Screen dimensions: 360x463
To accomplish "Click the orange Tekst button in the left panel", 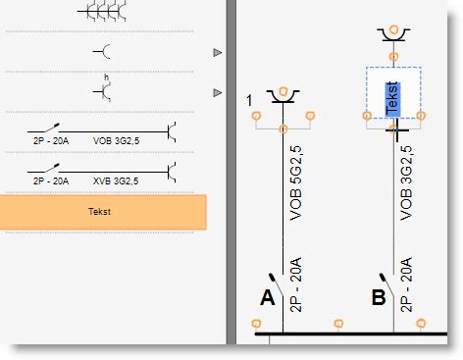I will [103, 212].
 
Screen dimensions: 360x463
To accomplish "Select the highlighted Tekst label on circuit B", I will [393, 99].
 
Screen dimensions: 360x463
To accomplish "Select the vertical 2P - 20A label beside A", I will [296, 283].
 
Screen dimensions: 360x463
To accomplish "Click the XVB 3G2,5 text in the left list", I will [116, 181].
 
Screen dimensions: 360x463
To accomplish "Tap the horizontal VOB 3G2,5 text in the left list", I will [116, 141].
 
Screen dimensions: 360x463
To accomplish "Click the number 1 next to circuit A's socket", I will [250, 100].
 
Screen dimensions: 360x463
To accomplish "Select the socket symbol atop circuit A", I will [283, 94].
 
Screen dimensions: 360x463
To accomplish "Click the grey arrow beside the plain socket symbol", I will [218, 52].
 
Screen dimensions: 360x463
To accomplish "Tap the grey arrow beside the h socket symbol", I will [218, 92].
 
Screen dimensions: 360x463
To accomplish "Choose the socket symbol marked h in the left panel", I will [103, 90].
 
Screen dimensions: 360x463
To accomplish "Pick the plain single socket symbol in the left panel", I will [103, 51].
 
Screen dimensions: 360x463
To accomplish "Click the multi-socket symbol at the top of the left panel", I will [103, 12].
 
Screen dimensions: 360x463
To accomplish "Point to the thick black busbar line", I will [343, 335].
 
